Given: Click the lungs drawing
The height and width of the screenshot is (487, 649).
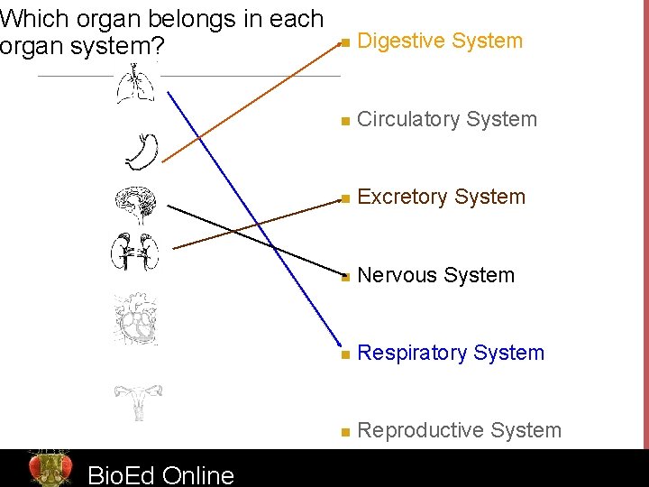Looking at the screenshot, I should click(x=135, y=88).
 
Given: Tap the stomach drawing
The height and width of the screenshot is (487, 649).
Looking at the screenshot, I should click(x=142, y=152).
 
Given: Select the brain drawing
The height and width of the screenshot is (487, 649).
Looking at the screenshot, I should click(x=136, y=207).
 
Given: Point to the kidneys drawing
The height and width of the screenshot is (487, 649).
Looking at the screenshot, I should click(x=134, y=252).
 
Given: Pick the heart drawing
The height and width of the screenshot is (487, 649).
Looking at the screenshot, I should click(x=135, y=319).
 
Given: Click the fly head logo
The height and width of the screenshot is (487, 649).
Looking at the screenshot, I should click(x=50, y=467).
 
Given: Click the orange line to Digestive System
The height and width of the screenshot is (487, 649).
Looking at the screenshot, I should click(x=252, y=99).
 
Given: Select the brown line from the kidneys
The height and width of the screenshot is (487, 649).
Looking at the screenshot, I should click(x=252, y=223).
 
